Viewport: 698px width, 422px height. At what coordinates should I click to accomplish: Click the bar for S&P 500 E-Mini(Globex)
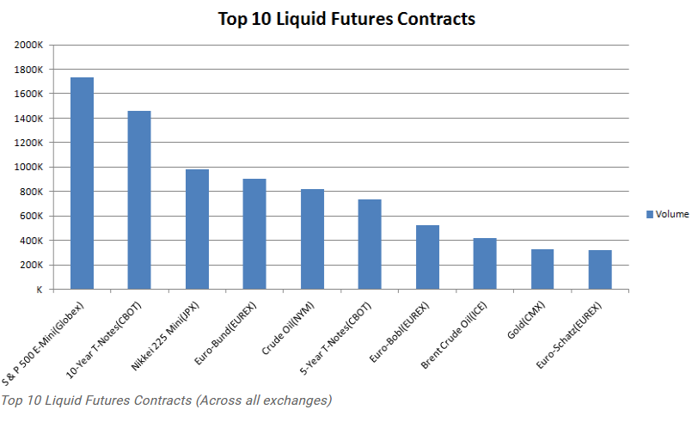(82, 183)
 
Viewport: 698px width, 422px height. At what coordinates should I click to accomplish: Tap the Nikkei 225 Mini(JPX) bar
(197, 229)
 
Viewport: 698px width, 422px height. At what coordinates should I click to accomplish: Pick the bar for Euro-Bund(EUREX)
(254, 234)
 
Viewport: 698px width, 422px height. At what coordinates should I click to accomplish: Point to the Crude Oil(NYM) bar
(312, 239)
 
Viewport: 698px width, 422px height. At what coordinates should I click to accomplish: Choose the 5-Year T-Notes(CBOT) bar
(370, 244)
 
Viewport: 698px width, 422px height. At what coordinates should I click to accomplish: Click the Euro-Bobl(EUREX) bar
(427, 257)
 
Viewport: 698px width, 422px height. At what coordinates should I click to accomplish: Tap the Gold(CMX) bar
(542, 269)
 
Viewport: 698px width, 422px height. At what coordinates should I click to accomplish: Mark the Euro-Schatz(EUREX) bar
(600, 270)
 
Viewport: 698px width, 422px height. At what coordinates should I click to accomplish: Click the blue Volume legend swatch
(650, 214)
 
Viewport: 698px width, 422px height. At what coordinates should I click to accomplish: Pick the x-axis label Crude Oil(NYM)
(297, 324)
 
